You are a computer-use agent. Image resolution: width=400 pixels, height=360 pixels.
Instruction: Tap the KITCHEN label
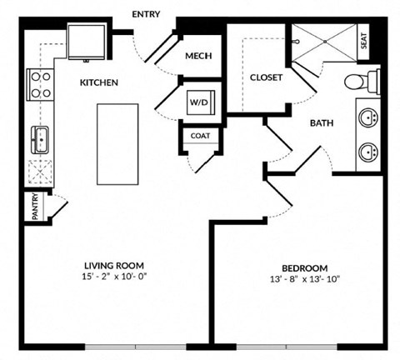click(98, 82)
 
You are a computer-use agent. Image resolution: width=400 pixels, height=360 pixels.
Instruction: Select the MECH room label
click(198, 57)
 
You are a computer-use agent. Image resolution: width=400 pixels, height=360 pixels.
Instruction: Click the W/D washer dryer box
click(200, 102)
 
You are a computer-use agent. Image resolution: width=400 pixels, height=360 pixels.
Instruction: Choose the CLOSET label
click(267, 77)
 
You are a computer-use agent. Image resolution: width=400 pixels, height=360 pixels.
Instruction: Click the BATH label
click(322, 123)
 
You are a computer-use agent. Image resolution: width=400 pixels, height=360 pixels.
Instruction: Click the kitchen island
click(118, 143)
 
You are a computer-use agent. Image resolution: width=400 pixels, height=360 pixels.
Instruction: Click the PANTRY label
click(36, 207)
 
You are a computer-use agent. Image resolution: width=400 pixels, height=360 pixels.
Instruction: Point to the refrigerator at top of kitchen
click(86, 42)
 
